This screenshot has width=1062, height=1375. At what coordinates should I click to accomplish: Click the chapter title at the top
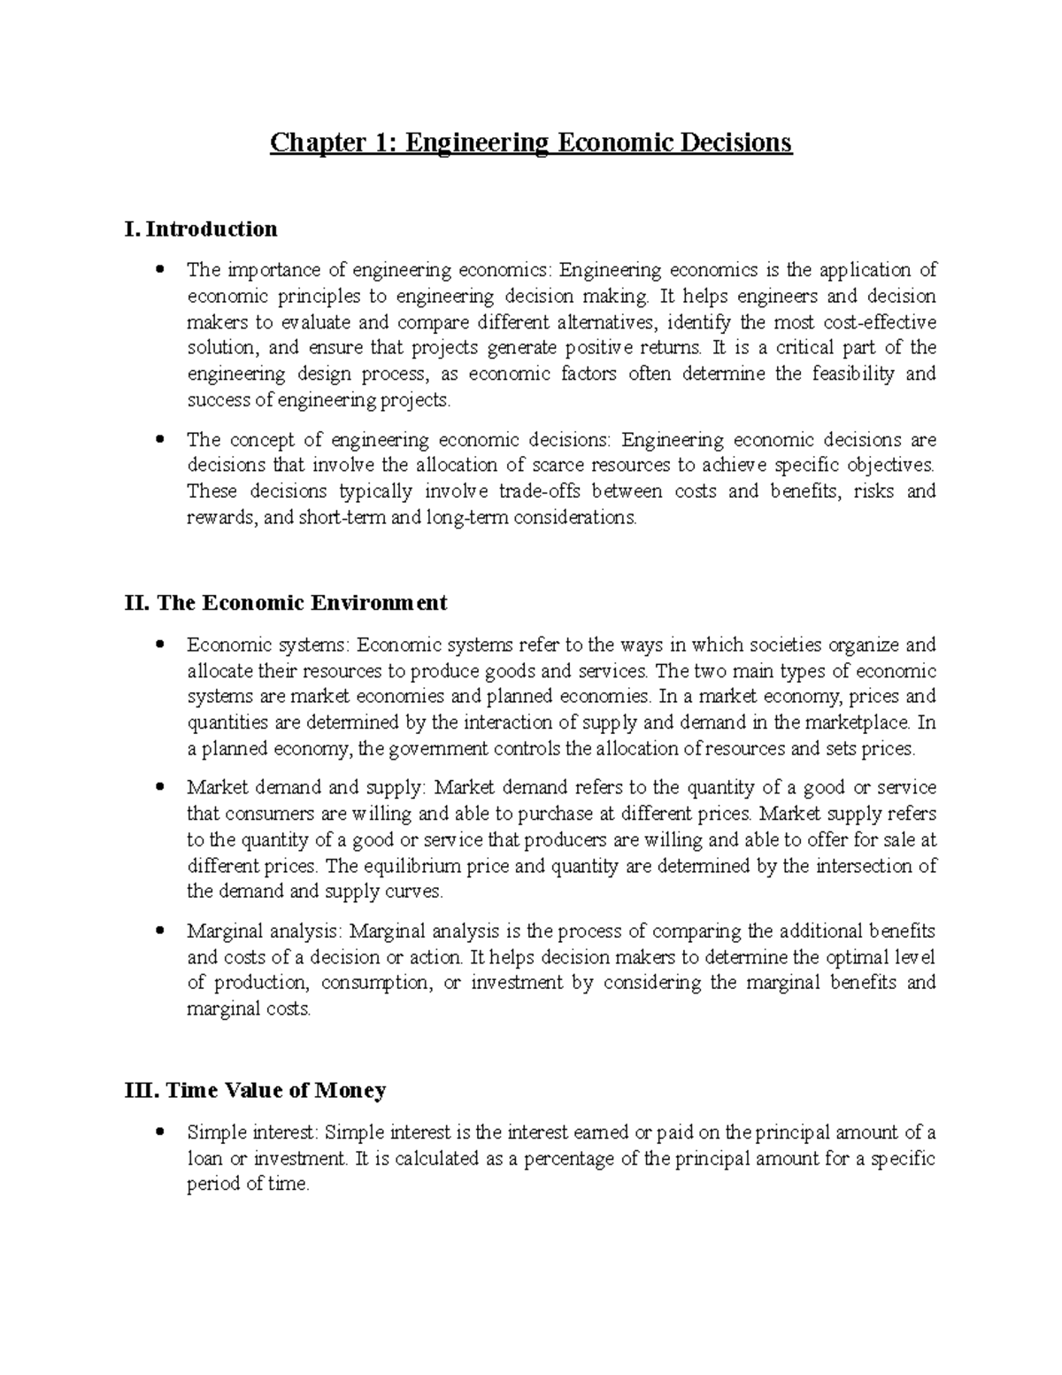(531, 143)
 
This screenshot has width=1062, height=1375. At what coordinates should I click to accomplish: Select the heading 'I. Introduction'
(202, 229)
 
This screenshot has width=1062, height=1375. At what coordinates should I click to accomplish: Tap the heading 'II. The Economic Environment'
(287, 603)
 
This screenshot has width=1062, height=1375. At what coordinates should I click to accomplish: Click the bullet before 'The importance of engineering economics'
(159, 269)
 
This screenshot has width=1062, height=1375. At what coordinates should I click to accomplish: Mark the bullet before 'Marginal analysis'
(159, 931)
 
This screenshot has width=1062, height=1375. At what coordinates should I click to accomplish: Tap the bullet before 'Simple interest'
(159, 1132)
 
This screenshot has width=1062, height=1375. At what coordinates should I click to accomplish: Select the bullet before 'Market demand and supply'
(159, 788)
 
